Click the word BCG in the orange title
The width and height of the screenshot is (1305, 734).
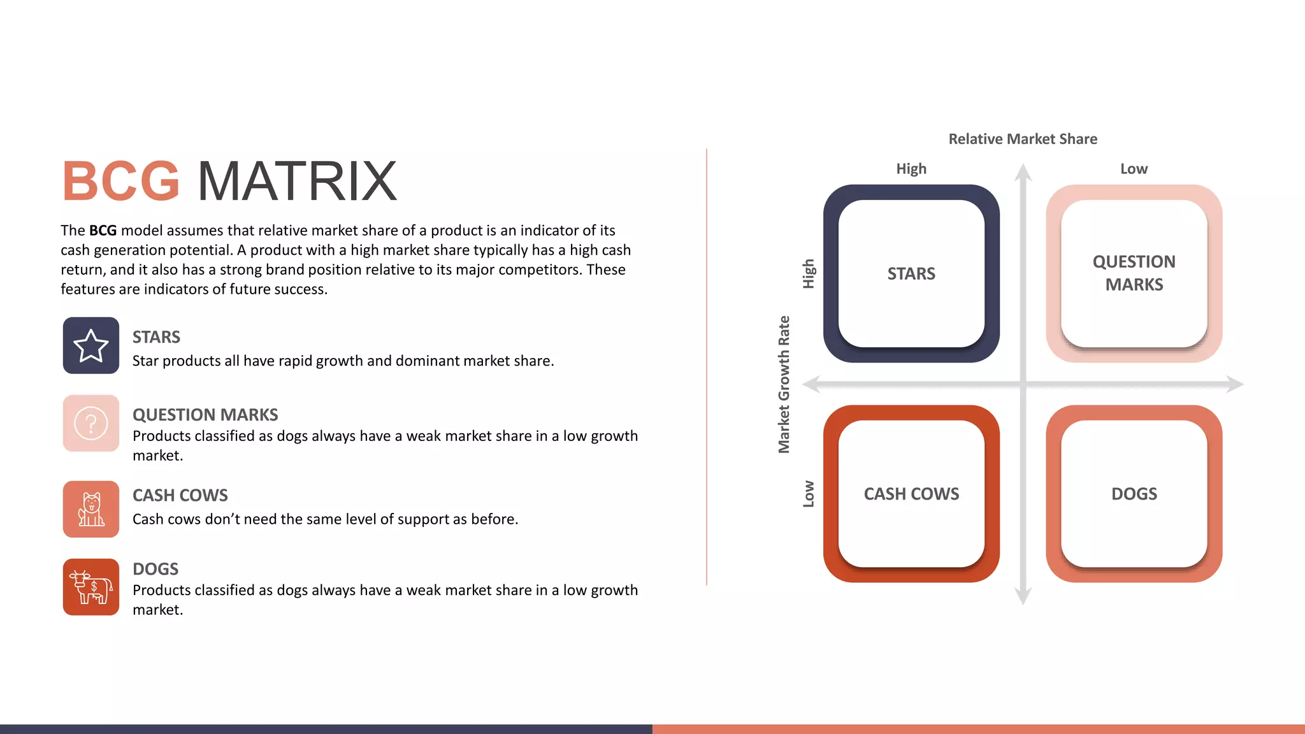pyautogui.click(x=120, y=181)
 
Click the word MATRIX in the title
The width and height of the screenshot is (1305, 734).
pyautogui.click(x=297, y=181)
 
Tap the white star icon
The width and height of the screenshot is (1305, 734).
pyautogui.click(x=91, y=345)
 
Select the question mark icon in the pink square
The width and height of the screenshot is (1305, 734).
pyautogui.click(x=91, y=423)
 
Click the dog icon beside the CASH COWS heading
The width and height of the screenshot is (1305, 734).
pyautogui.click(x=91, y=509)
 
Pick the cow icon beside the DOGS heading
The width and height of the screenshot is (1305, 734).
pyautogui.click(x=91, y=587)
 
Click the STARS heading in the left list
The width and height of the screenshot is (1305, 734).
pyautogui.click(x=156, y=337)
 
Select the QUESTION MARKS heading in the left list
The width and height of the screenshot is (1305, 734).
pyautogui.click(x=205, y=415)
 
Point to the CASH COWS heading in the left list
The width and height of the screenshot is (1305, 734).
pyautogui.click(x=180, y=495)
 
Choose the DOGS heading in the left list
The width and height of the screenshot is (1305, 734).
pyautogui.click(x=155, y=569)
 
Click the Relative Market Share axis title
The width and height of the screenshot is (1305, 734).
pyautogui.click(x=1023, y=139)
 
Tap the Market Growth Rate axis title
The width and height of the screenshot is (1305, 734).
pyautogui.click(x=784, y=384)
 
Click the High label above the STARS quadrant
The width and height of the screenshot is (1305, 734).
pyautogui.click(x=911, y=169)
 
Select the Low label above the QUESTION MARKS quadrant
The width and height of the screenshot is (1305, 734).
pyautogui.click(x=1134, y=169)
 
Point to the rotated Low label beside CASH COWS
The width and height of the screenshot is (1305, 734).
pyautogui.click(x=809, y=494)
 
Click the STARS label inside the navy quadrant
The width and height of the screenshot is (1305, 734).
pyautogui.click(x=911, y=273)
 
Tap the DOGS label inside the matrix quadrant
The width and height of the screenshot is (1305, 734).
pyautogui.click(x=1134, y=494)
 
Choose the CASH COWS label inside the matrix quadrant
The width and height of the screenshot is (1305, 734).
pyautogui.click(x=911, y=494)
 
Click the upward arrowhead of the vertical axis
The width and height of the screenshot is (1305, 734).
pyautogui.click(x=1023, y=172)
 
